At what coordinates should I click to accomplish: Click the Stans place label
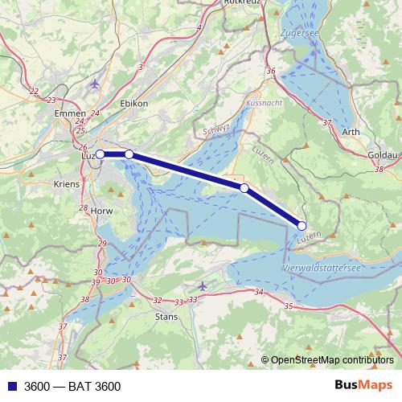(165, 316)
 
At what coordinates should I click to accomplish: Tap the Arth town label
(350, 133)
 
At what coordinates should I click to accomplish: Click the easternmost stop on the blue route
(303, 226)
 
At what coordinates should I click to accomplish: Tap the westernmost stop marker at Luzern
(100, 154)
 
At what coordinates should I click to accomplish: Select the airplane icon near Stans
(202, 285)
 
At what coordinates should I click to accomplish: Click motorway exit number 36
(271, 72)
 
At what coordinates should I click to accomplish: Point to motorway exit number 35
(288, 306)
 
